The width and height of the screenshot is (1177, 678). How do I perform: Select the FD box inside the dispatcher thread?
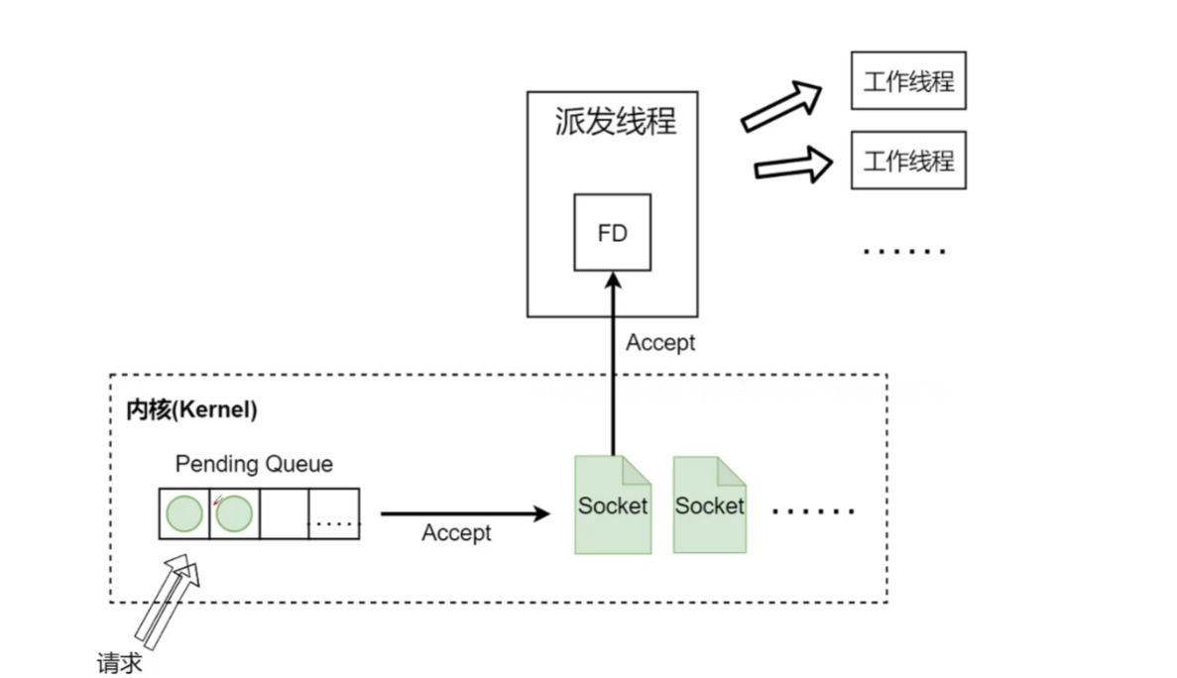613,233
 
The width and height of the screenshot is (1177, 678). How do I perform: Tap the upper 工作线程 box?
908,81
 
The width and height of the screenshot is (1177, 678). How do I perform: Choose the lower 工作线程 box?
908,160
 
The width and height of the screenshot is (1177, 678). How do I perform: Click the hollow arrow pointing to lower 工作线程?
793,165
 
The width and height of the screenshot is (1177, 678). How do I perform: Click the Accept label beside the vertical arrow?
660,343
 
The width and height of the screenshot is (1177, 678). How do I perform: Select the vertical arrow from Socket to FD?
613,367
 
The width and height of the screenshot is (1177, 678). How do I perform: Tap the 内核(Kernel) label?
191,410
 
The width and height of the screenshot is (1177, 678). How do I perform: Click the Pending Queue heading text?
254,464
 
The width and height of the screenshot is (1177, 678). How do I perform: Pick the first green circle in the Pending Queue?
184,513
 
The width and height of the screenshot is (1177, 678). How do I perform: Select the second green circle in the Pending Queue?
234,513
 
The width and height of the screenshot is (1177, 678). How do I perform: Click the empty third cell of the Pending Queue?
284,513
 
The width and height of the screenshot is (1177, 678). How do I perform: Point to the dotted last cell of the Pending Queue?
334,513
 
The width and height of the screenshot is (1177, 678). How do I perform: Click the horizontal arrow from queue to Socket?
464,513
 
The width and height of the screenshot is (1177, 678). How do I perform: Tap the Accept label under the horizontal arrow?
456,533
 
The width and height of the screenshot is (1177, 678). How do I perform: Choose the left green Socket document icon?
613,506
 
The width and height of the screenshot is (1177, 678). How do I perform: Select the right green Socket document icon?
709,506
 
